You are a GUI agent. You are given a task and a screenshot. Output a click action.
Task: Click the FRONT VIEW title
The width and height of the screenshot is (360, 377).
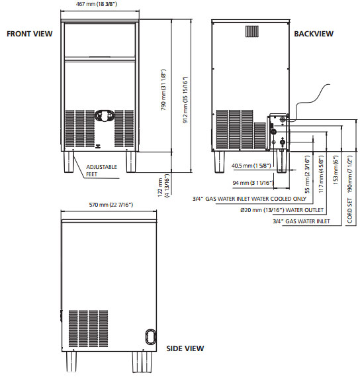(30, 34)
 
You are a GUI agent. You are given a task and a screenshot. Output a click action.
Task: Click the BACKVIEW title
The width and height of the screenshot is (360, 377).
(314, 34)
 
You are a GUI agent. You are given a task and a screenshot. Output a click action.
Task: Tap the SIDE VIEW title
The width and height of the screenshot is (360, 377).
(185, 349)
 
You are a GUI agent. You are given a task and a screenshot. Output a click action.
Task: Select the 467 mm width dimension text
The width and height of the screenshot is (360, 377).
(97, 4)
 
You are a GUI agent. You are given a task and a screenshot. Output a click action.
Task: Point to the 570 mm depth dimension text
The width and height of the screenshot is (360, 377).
(111, 205)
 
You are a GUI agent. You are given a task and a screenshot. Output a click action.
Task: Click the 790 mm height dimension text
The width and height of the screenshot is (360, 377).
(163, 90)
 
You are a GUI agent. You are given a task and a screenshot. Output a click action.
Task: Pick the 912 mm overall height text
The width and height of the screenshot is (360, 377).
(185, 100)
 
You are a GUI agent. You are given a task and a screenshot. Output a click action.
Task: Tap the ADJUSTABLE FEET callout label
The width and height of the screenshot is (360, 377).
(101, 170)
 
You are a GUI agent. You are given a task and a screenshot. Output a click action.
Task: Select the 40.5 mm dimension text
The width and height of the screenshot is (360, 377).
(251, 166)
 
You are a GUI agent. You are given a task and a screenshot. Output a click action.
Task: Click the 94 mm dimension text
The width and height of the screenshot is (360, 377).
(253, 183)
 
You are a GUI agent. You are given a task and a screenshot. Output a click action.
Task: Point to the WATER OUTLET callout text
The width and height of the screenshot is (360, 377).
(282, 210)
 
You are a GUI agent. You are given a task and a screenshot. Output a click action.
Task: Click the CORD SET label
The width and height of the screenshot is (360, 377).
(349, 211)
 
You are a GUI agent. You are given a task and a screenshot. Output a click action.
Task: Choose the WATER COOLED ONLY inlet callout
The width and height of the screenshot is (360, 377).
(249, 199)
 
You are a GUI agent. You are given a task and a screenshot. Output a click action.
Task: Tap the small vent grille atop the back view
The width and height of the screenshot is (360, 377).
(252, 32)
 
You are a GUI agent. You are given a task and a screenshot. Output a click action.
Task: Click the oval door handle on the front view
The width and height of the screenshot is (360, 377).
(105, 116)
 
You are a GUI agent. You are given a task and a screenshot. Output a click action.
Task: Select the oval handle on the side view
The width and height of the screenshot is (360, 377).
(151, 337)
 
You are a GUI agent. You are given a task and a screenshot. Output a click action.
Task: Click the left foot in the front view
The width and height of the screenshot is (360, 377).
(69, 162)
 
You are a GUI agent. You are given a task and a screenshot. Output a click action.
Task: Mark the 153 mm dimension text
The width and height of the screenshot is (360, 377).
(336, 170)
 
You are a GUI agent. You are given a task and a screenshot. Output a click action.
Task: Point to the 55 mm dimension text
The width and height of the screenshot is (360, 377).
(307, 174)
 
